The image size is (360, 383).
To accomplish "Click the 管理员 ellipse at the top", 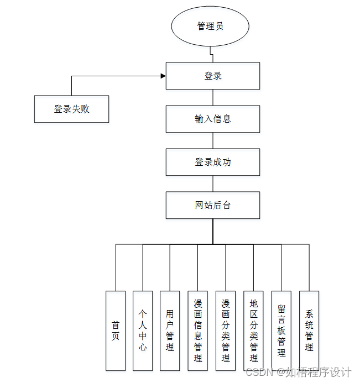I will [210, 26].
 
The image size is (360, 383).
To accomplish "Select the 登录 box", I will [213, 76].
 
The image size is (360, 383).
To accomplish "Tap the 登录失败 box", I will [71, 109].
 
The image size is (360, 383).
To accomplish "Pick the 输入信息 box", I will [213, 119].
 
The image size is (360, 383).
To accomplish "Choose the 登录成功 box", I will [213, 162].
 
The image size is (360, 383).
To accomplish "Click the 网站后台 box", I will [213, 205].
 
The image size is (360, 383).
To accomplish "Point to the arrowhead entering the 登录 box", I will [163, 76].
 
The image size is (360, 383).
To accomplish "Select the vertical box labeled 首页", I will [116, 330].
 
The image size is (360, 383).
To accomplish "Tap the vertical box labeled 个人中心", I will [143, 330].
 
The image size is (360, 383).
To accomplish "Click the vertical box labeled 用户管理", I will [170, 330].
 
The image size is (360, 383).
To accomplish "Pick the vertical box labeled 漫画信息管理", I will [198, 330].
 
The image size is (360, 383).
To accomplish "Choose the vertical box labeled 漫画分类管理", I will [226, 330].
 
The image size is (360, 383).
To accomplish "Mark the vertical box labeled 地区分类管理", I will [253, 330].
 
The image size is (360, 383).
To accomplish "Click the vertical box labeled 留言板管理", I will [281, 330].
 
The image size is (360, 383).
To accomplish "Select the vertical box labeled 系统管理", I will [309, 330].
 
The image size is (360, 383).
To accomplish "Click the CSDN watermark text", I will [299, 372].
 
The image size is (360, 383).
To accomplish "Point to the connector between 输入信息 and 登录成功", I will [213, 140].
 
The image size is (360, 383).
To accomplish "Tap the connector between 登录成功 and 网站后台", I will [213, 183].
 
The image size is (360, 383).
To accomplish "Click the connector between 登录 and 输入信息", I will [213, 97].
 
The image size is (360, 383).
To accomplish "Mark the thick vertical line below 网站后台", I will [213, 231].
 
